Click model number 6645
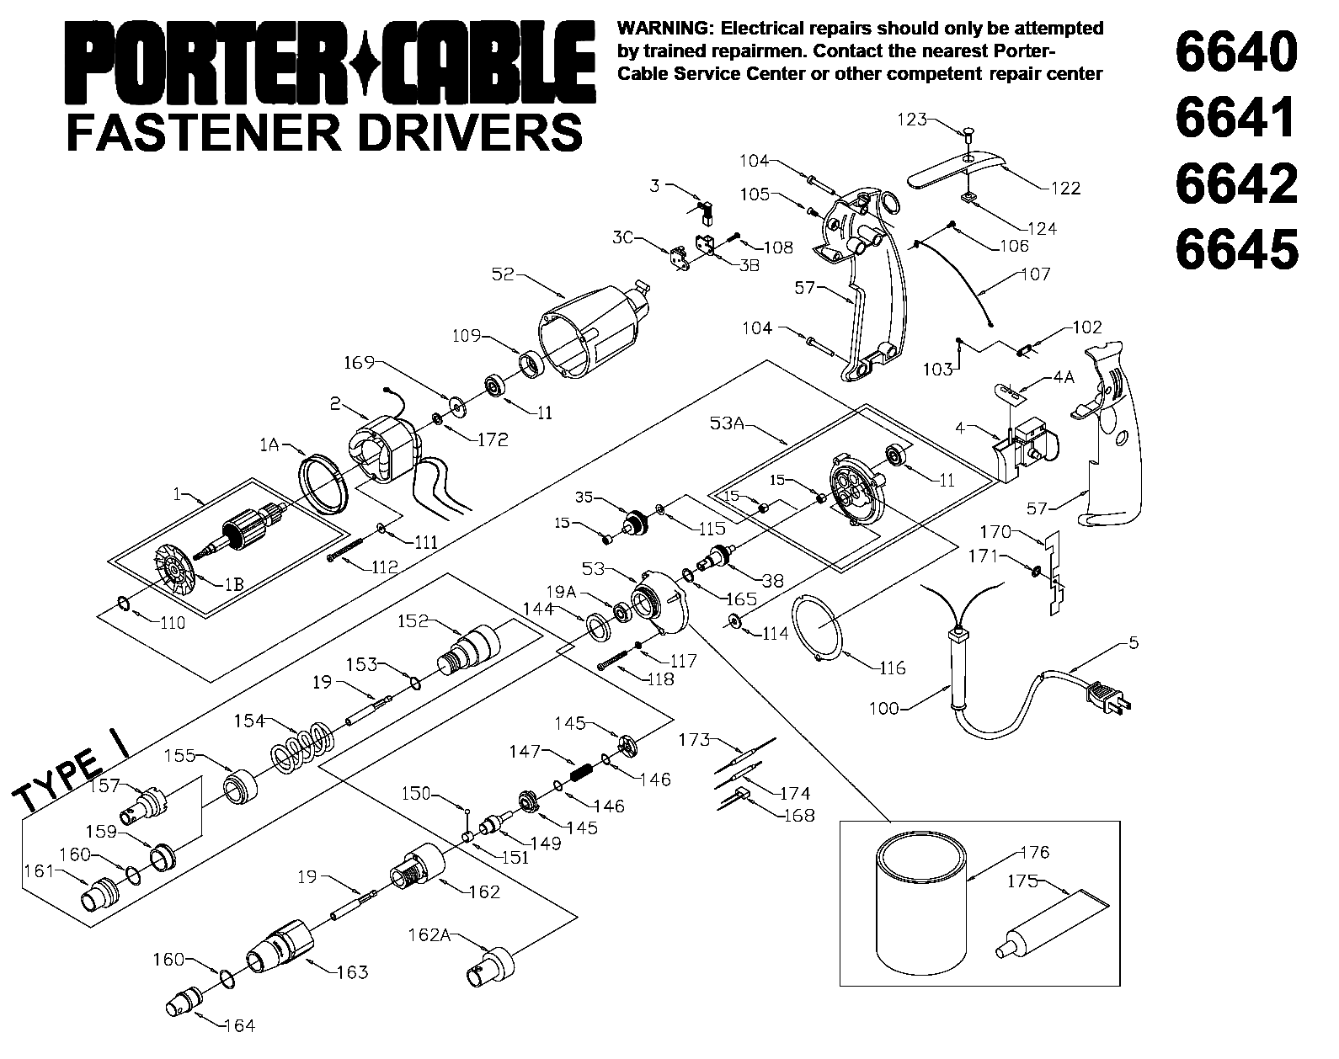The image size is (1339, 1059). coord(1235,250)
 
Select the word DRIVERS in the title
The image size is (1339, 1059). coord(471,132)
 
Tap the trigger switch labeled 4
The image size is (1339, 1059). coord(1027,446)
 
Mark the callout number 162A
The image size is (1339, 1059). coord(428,935)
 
